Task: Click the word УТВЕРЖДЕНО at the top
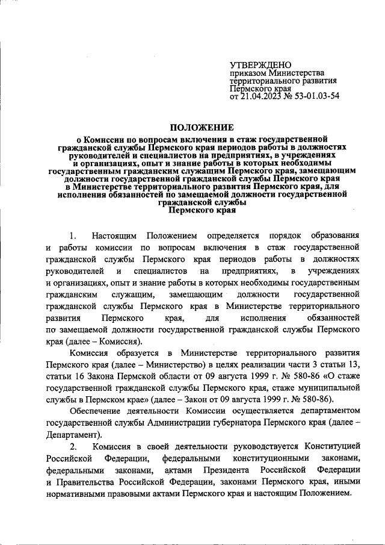(x=260, y=65)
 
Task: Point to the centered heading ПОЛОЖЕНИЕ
(x=202, y=127)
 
